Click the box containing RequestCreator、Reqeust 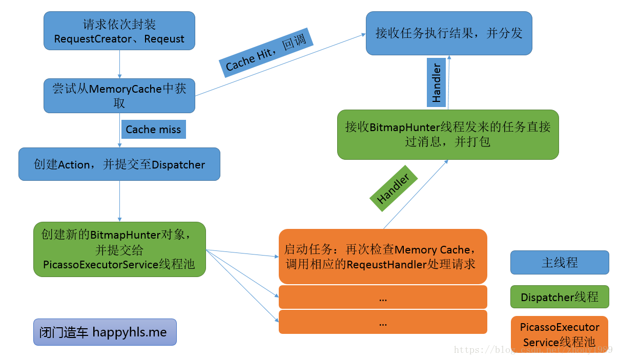pos(119,31)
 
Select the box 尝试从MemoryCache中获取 pos(119,95)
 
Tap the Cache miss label pos(153,129)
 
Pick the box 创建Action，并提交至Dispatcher pos(119,164)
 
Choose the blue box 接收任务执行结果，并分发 pos(449,33)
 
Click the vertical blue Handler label pos(437,82)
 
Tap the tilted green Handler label pos(394,188)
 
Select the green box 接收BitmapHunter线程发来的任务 pos(448,134)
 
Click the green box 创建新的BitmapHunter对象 pos(119,249)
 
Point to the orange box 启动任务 pos(382,257)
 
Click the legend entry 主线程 pos(560,263)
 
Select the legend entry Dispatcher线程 pos(560,297)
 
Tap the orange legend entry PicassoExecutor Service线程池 pos(560,334)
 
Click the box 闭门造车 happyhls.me pos(105,332)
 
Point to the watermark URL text pos(533,350)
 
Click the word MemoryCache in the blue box pos(126,88)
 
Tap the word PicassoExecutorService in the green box pos(100,265)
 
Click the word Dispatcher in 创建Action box pos(178,165)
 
